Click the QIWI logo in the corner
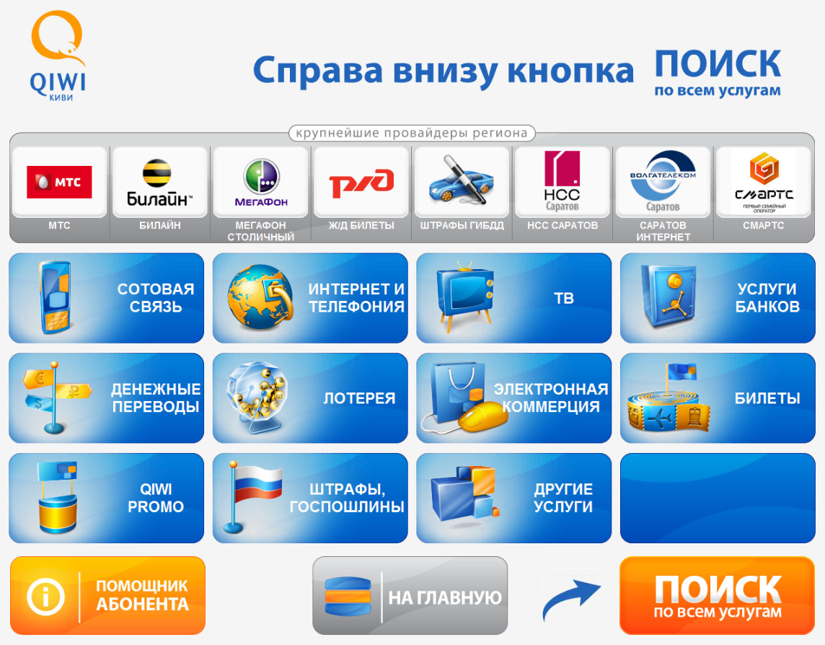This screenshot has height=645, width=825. tap(58, 56)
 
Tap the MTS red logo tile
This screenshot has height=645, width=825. tap(59, 183)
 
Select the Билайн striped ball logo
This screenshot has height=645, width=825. tap(156, 172)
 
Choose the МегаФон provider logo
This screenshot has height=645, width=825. tap(262, 183)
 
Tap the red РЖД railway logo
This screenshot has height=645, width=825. tap(361, 183)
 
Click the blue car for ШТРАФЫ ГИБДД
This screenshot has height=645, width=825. tap(462, 180)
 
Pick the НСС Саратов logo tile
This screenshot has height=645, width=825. tap(562, 181)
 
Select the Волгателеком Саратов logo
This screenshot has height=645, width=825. tap(663, 181)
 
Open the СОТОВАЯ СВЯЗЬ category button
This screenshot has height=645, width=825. tap(106, 298)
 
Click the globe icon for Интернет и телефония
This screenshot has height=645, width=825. tap(260, 297)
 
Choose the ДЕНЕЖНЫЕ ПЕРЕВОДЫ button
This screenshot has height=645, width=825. tap(106, 398)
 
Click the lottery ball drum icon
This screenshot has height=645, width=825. tap(257, 397)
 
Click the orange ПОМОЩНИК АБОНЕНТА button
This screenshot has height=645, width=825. tap(108, 595)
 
